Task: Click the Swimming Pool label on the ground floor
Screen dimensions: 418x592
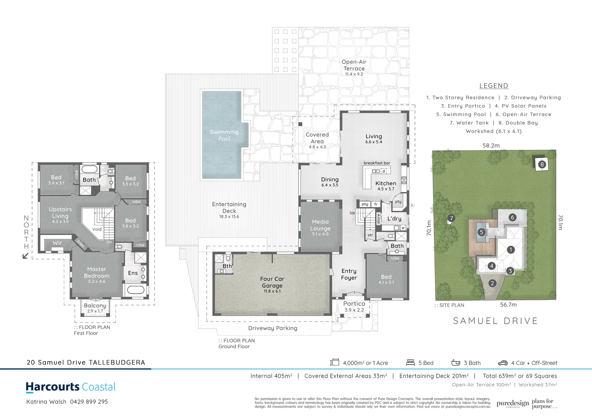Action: (x=224, y=135)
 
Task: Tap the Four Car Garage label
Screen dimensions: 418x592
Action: (x=272, y=283)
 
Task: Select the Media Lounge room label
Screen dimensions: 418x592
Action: (x=320, y=225)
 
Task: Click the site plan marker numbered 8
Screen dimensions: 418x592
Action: (x=542, y=164)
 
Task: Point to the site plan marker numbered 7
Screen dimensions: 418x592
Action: (x=451, y=218)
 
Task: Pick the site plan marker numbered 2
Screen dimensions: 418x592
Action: (x=492, y=283)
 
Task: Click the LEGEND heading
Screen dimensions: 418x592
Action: (x=494, y=86)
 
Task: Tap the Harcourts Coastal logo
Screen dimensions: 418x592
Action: (x=71, y=387)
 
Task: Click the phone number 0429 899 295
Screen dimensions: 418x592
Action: (x=89, y=402)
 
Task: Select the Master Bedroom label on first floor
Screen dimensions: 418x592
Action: (x=96, y=272)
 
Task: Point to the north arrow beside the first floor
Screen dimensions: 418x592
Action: (x=26, y=255)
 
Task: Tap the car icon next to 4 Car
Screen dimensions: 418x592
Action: (x=503, y=363)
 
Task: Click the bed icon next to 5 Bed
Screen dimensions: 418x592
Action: (x=410, y=363)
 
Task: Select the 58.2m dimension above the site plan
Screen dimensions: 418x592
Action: (x=491, y=146)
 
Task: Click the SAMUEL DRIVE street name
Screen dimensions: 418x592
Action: (x=496, y=321)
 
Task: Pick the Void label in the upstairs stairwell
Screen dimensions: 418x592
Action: (x=97, y=229)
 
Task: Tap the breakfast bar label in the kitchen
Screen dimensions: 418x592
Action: (x=377, y=163)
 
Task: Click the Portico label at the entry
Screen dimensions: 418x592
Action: (x=354, y=304)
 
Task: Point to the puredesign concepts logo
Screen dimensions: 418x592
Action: (x=513, y=404)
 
